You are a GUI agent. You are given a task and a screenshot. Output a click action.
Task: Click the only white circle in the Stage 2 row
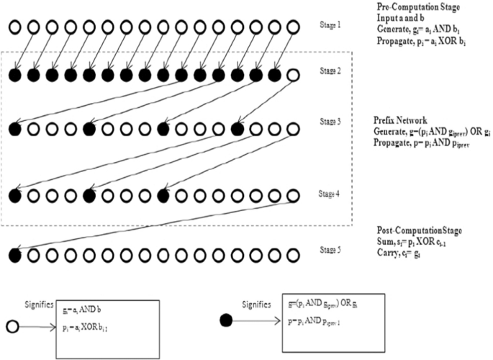point(291,75)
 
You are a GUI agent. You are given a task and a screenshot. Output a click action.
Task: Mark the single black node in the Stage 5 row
point(14,254)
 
